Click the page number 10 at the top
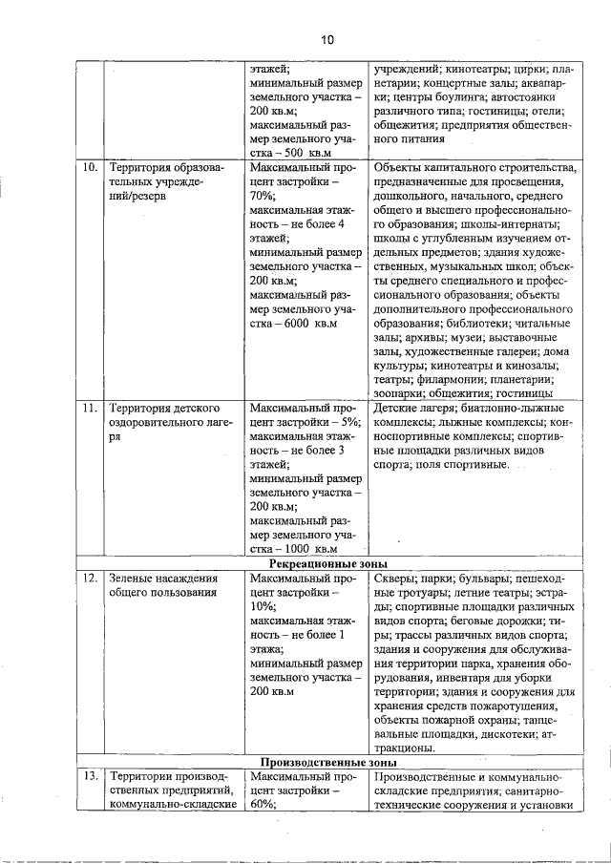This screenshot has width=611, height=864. tap(327, 39)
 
